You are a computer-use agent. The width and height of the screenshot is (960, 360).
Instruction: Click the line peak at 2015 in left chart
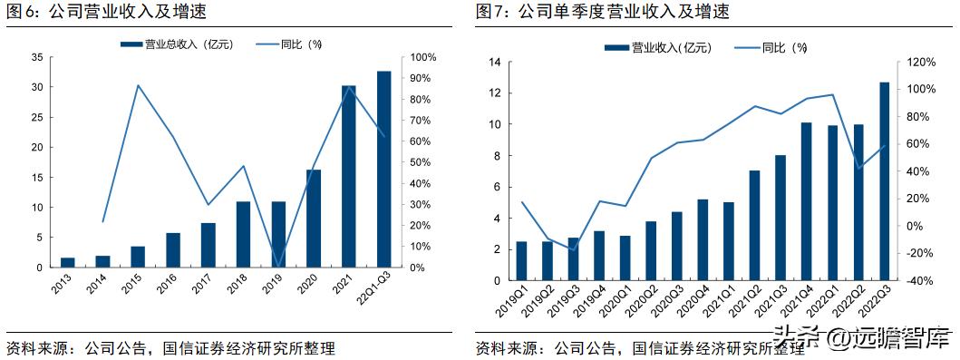click(137, 85)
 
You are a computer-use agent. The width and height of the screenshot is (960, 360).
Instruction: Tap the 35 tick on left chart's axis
click(37, 57)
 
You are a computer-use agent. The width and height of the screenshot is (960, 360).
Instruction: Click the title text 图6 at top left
click(20, 12)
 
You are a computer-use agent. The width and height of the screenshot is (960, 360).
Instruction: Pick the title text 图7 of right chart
click(496, 12)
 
